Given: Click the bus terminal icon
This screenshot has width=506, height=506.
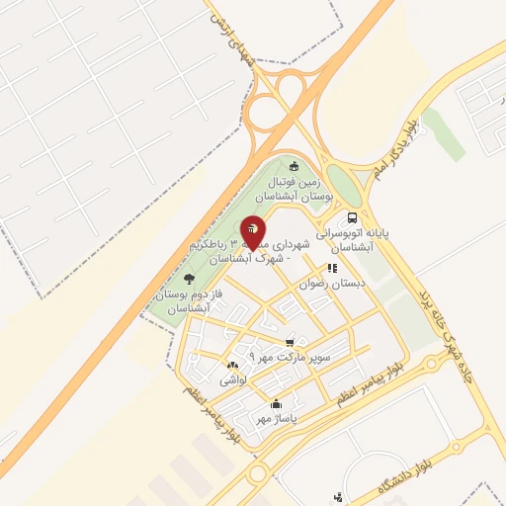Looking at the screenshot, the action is (x=352, y=218).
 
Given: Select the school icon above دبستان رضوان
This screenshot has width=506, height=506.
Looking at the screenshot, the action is (x=333, y=267).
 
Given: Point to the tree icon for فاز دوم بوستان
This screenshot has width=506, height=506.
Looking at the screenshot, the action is (x=189, y=280).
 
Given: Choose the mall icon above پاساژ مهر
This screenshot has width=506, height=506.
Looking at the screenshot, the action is (x=275, y=402).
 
